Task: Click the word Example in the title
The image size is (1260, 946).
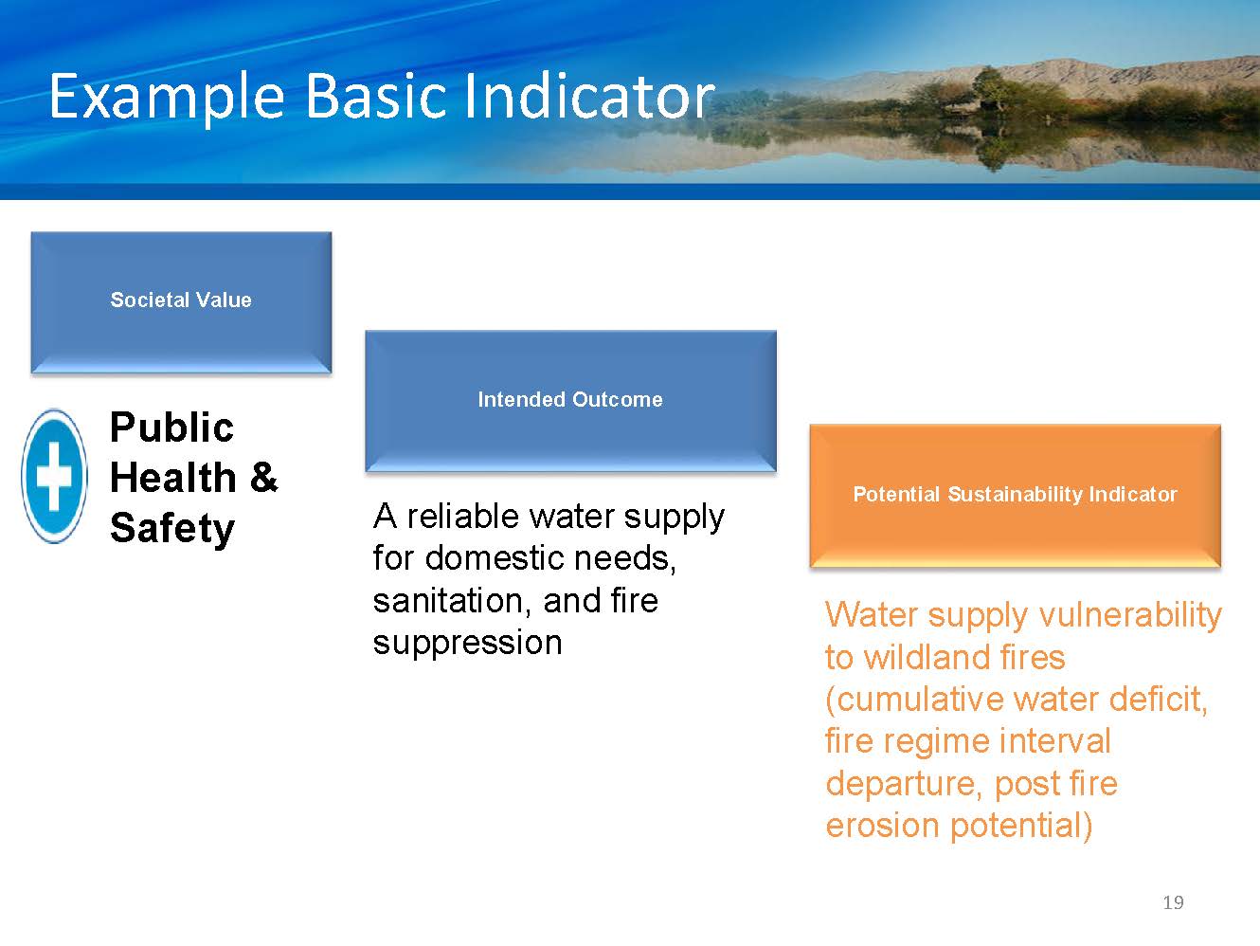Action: pos(167,97)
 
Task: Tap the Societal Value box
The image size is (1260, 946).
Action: pos(181,302)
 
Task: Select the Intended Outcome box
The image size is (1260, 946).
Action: pos(570,401)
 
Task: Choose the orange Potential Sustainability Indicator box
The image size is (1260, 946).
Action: pos(1015,496)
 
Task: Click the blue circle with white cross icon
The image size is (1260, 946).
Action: pos(55,476)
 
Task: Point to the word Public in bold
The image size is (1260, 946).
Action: pos(171,428)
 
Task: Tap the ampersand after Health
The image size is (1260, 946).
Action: pos(263,477)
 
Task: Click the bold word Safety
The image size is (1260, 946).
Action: pos(172,528)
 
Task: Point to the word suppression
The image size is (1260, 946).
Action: pos(467,643)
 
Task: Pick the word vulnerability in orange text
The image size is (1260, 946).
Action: pos(1130,615)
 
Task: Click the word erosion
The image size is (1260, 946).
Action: pos(882,826)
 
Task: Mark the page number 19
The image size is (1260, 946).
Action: pos(1173,902)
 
